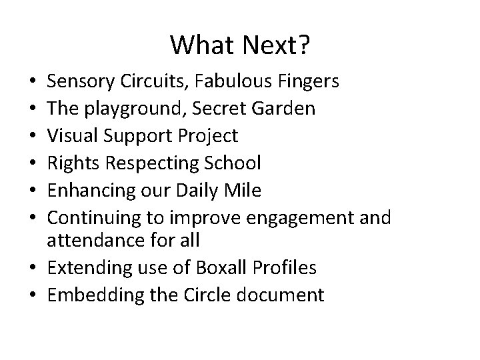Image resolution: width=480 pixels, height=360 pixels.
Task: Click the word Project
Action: coord(209,136)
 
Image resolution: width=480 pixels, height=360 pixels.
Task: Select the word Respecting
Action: coord(147,163)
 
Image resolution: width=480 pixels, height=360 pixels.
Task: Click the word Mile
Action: coord(243,191)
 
